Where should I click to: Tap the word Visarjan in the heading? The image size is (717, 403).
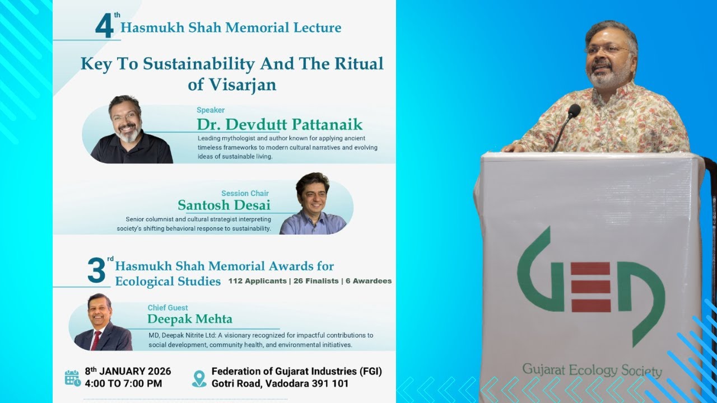(x=232, y=85)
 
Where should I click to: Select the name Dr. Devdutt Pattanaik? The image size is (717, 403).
(x=280, y=124)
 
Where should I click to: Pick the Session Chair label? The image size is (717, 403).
(x=245, y=194)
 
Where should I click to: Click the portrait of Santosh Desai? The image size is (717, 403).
(x=313, y=204)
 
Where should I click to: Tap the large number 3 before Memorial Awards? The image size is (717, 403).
(x=96, y=271)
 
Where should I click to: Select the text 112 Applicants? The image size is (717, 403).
(x=257, y=281)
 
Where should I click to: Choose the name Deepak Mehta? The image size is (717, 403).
(x=190, y=319)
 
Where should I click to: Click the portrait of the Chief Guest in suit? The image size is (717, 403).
(x=102, y=322)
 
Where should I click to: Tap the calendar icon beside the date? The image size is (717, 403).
(x=73, y=378)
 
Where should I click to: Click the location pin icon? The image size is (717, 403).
(x=199, y=378)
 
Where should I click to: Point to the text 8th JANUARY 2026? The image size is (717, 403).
(x=128, y=372)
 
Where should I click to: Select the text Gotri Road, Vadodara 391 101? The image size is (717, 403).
(x=280, y=384)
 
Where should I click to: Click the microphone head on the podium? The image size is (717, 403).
(x=574, y=110)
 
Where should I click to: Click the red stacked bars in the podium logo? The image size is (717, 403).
(x=591, y=287)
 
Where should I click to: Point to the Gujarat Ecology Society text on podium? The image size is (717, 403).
(x=592, y=370)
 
